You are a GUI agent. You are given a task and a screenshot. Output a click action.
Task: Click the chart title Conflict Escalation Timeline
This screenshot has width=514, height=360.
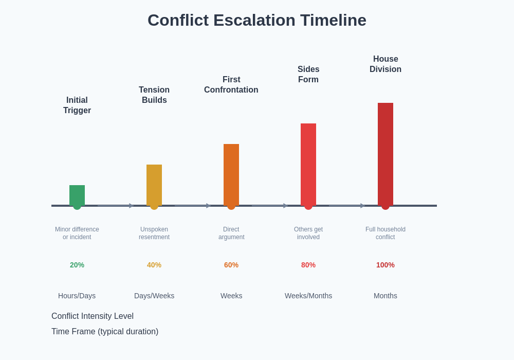tap(257, 21)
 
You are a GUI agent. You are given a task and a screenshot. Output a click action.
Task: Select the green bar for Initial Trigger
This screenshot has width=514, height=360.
tap(77, 195)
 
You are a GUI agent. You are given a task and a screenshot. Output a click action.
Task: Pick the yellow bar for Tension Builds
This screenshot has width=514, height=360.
tap(154, 185)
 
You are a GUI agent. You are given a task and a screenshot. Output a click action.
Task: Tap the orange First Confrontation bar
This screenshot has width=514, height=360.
tap(231, 174)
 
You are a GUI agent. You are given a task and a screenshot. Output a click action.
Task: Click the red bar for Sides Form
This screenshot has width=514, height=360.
tap(308, 164)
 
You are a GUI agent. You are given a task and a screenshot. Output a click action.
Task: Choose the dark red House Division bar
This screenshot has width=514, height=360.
tap(385, 154)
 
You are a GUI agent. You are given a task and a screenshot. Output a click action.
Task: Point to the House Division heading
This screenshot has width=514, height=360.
tap(385, 64)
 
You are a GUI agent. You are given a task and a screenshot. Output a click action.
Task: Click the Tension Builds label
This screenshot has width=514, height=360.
tap(154, 95)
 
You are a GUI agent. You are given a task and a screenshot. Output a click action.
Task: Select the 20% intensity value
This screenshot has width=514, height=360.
tap(77, 265)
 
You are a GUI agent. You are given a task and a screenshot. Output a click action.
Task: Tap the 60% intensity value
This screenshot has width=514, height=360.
tap(231, 265)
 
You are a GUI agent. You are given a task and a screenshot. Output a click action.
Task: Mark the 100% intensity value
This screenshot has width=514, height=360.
tap(385, 265)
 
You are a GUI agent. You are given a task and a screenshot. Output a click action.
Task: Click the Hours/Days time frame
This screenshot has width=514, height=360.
tap(77, 296)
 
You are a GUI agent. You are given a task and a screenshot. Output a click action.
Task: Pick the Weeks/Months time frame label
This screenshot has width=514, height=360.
tap(308, 296)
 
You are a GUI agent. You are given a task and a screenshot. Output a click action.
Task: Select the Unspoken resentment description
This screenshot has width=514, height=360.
tap(154, 233)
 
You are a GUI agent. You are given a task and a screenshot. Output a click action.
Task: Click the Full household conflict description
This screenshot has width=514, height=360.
tap(385, 233)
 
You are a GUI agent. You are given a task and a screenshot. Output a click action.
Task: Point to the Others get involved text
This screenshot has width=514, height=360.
tap(308, 233)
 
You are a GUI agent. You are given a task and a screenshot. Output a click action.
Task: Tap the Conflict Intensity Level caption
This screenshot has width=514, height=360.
tap(93, 316)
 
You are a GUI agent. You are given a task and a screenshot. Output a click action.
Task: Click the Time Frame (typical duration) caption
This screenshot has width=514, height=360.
tap(105, 332)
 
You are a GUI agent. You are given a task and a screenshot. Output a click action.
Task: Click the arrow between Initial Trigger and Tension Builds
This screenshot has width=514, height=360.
tap(116, 206)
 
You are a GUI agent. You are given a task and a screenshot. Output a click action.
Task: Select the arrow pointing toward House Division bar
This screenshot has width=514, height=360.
tap(347, 206)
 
